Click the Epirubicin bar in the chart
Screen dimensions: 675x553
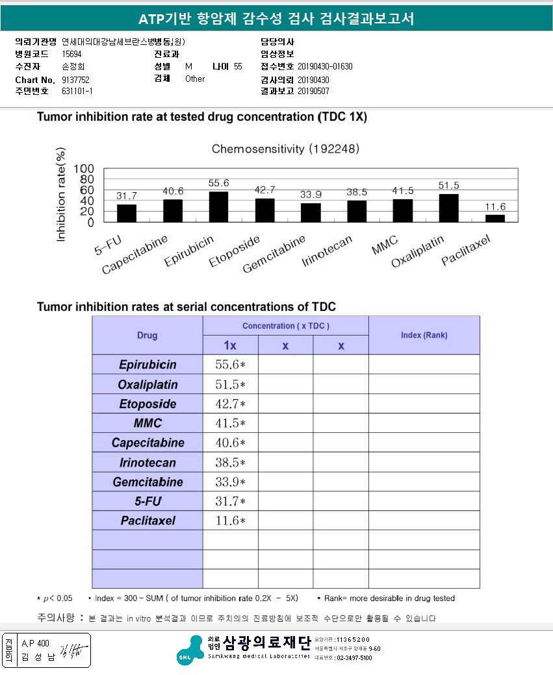tap(218, 207)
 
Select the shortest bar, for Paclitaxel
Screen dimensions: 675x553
tap(495, 219)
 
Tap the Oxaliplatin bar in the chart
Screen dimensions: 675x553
tap(449, 208)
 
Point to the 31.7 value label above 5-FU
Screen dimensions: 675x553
tap(127, 195)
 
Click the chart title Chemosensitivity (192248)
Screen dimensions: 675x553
tap(285, 149)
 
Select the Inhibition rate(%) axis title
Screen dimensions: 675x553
tap(62, 195)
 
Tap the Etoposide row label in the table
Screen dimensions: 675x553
tap(148, 404)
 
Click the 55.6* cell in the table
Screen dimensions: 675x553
tap(230, 365)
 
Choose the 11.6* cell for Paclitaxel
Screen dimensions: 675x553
tap(230, 521)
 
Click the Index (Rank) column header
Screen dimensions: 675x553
tap(424, 335)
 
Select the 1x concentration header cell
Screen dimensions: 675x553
tap(230, 345)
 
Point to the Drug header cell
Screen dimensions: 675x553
tap(148, 336)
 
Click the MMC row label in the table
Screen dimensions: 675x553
tap(148, 423)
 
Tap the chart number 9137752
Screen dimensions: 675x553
tap(76, 79)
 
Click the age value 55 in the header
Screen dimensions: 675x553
tap(238, 66)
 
